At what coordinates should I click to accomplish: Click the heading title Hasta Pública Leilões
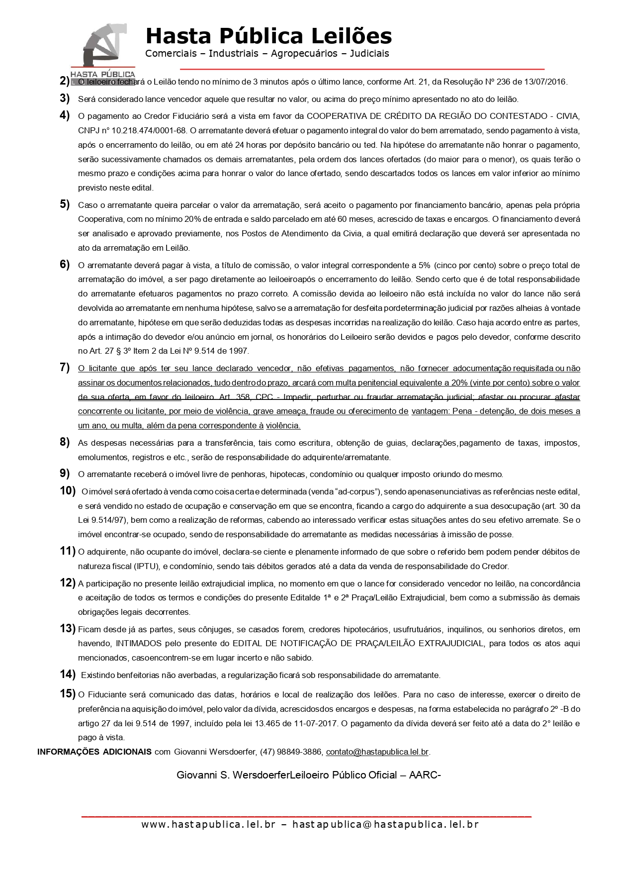[268, 36]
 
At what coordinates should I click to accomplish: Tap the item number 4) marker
[65, 115]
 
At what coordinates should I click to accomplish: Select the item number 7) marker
[65, 368]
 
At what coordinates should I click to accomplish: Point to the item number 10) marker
[68, 490]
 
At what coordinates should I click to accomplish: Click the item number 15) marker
[68, 693]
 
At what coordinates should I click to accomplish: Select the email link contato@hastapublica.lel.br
[377, 752]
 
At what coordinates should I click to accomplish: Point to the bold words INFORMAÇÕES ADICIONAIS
[94, 752]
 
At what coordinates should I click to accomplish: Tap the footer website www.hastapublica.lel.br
[208, 824]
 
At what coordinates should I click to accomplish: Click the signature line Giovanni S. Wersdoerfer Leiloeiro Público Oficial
[308, 775]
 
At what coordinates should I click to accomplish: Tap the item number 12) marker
[68, 582]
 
